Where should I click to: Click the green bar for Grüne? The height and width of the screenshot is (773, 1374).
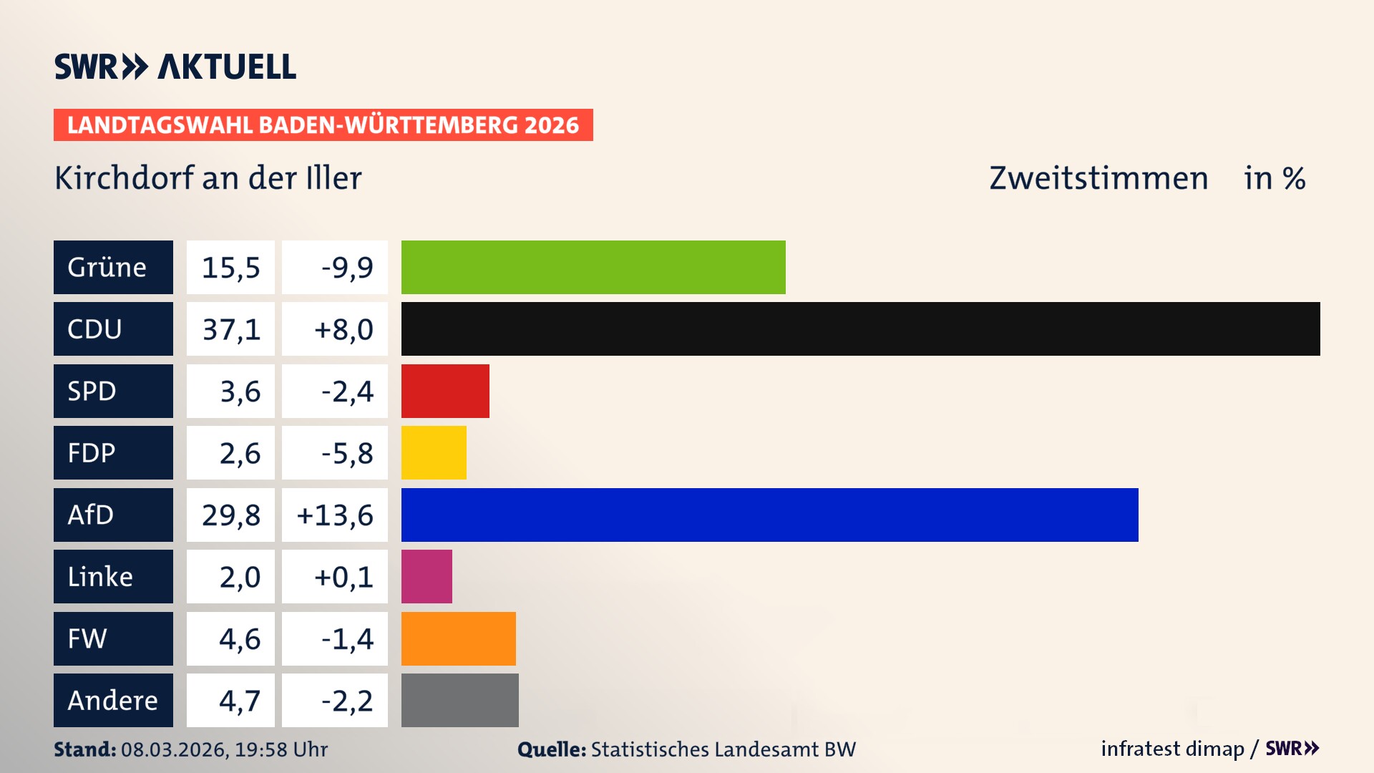[x=593, y=267]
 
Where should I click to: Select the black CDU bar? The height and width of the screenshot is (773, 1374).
[x=860, y=329]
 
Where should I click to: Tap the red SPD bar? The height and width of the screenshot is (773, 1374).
[x=445, y=391]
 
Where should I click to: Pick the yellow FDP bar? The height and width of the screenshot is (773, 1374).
[x=434, y=452]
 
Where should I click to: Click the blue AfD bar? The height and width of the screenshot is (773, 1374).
[x=769, y=515]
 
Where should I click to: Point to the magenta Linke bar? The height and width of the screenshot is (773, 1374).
[x=427, y=576]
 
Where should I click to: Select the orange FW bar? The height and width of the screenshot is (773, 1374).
[x=458, y=638]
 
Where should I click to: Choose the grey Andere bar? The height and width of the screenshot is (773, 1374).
[x=459, y=700]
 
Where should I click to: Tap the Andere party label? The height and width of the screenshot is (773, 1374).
[x=113, y=700]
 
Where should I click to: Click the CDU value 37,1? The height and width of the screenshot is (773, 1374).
[x=230, y=329]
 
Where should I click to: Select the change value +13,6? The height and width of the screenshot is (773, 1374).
[x=335, y=515]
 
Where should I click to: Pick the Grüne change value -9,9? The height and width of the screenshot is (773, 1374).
[x=346, y=268]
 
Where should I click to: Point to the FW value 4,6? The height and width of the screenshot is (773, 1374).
[x=239, y=638]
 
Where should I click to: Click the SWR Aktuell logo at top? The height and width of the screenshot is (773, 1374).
[x=175, y=67]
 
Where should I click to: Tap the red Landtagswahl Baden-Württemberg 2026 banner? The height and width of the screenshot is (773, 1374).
[x=323, y=125]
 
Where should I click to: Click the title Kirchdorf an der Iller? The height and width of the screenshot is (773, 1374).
[x=208, y=178]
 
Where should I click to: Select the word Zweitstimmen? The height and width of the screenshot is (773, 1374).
[x=1098, y=178]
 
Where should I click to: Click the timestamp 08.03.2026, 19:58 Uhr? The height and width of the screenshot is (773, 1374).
[x=224, y=749]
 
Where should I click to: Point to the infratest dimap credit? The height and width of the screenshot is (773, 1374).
[x=1171, y=749]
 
